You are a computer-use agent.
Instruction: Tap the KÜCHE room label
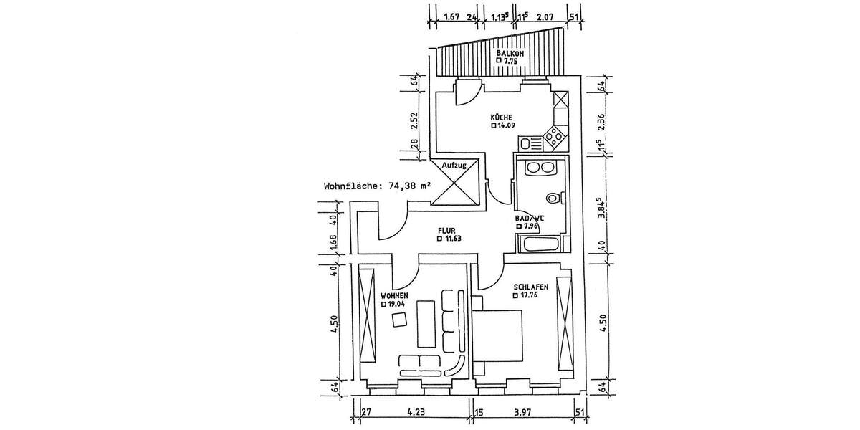click(501, 117)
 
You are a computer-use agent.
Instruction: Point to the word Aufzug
click(454, 166)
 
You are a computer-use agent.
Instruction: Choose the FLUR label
click(447, 231)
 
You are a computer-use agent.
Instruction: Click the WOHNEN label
click(394, 295)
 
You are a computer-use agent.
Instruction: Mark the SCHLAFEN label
click(530, 287)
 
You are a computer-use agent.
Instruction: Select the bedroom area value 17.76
click(530, 295)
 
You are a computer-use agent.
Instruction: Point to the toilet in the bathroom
click(553, 197)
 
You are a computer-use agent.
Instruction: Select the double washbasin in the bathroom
click(538, 168)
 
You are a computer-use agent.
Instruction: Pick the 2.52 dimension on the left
click(414, 120)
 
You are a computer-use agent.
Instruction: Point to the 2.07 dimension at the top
click(546, 16)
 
